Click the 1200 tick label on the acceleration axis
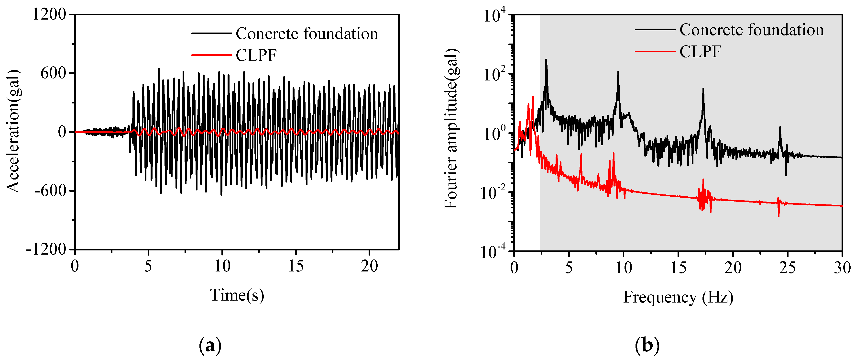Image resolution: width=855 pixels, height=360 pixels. pyautogui.click(x=49, y=15)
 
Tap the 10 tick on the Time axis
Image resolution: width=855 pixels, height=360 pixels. pyautogui.click(x=222, y=266)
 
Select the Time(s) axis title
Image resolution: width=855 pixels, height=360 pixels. pyautogui.click(x=237, y=295)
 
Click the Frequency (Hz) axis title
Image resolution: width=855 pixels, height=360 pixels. pyautogui.click(x=678, y=297)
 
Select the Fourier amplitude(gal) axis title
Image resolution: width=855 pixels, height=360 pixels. pyautogui.click(x=451, y=129)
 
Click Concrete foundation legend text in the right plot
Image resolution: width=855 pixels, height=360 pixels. pyautogui.click(x=751, y=30)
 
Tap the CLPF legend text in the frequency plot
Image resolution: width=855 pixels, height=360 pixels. pyautogui.click(x=700, y=51)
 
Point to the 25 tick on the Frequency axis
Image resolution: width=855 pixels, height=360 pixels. pyautogui.click(x=788, y=268)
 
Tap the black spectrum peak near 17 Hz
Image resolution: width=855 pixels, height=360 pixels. pyautogui.click(x=703, y=89)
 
